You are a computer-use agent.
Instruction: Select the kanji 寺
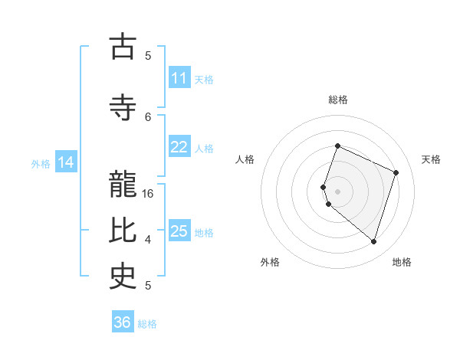[x=123, y=107]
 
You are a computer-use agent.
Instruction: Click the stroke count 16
[x=149, y=194]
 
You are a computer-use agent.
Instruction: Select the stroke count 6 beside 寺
[x=148, y=116]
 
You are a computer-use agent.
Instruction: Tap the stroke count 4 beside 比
[x=148, y=240]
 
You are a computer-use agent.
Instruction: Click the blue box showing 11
[x=179, y=78]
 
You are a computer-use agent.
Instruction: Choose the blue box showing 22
[x=179, y=147]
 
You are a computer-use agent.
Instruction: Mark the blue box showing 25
[x=179, y=231]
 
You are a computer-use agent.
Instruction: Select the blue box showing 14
[x=66, y=162]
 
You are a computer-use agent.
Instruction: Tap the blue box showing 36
[x=123, y=322]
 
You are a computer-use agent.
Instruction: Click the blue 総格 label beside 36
[x=147, y=324]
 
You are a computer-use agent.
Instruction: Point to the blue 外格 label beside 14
[x=41, y=163]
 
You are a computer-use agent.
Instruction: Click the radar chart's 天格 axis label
[x=431, y=159]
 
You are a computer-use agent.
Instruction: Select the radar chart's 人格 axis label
[x=245, y=159]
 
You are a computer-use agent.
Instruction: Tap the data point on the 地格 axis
[x=373, y=241]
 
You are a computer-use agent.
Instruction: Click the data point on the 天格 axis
[x=396, y=172]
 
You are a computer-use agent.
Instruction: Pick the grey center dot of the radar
[x=338, y=191]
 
